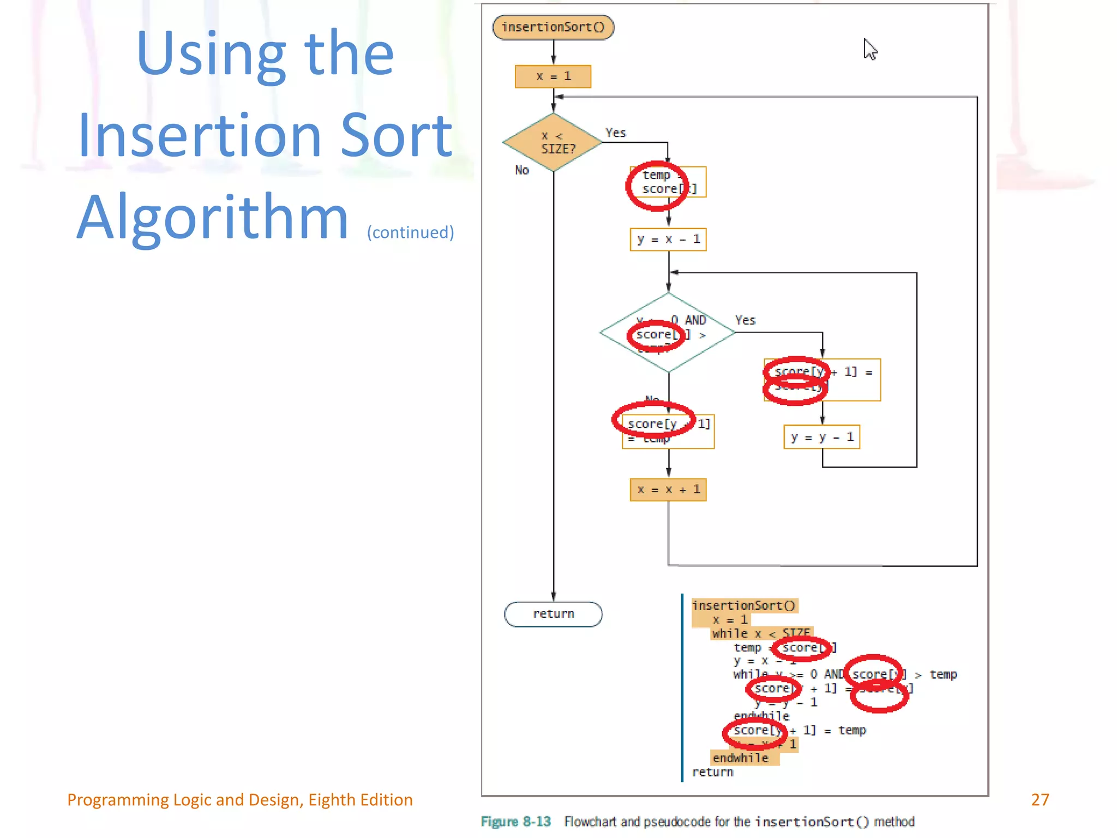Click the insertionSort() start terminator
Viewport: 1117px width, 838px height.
pyautogui.click(x=553, y=27)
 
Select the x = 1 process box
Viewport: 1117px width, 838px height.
pyautogui.click(x=553, y=76)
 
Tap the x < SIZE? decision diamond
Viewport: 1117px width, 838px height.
pyautogui.click(x=553, y=142)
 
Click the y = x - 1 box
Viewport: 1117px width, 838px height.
pyautogui.click(x=668, y=240)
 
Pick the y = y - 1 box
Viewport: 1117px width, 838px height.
pyautogui.click(x=822, y=437)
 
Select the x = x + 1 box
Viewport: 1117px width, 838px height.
pyautogui.click(x=668, y=489)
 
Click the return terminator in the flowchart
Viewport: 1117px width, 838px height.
pyautogui.click(x=553, y=614)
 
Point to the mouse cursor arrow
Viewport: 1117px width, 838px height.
pyautogui.click(x=869, y=49)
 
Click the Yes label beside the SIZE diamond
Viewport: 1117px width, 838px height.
pyautogui.click(x=616, y=133)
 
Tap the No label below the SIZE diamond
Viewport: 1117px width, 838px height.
pyautogui.click(x=522, y=170)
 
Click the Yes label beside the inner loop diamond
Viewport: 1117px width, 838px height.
pyautogui.click(x=745, y=320)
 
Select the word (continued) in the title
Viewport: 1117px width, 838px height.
pyautogui.click(x=410, y=232)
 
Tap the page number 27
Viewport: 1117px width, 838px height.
pyautogui.click(x=1040, y=800)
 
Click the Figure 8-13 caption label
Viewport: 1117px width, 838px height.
pyautogui.click(x=515, y=822)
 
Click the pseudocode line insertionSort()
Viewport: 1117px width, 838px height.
pyautogui.click(x=744, y=606)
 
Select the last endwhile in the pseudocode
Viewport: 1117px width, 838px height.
pyautogui.click(x=740, y=758)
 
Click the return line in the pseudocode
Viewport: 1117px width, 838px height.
pyautogui.click(x=712, y=773)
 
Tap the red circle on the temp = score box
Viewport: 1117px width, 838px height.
pyautogui.click(x=657, y=186)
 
